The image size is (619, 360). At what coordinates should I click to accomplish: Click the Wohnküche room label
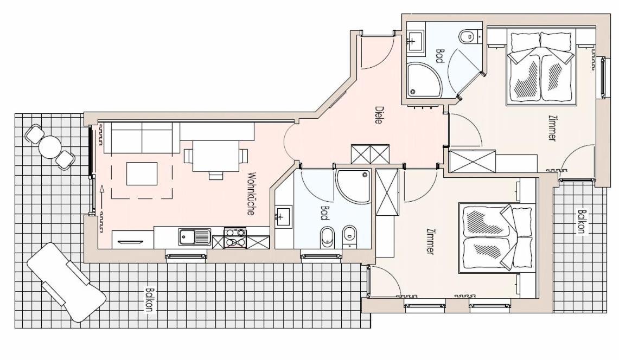pyautogui.click(x=251, y=194)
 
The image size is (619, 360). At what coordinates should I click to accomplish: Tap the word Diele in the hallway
pyautogui.click(x=379, y=115)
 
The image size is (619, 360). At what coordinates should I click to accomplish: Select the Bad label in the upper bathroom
pyautogui.click(x=440, y=56)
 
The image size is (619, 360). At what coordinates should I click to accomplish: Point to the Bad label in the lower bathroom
pyautogui.click(x=325, y=213)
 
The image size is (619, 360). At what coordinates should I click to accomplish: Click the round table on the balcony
pyautogui.click(x=50, y=147)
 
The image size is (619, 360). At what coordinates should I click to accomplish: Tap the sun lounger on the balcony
pyautogui.click(x=66, y=282)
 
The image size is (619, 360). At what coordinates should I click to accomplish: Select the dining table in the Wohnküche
pyautogui.click(x=216, y=156)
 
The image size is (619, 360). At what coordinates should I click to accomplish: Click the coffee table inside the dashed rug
pyautogui.click(x=142, y=173)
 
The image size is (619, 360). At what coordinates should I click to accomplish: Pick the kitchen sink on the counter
pyautogui.click(x=194, y=237)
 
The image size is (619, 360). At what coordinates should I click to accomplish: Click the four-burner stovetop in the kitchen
pyautogui.click(x=235, y=238)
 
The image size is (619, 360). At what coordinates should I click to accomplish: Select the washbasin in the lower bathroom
pyautogui.click(x=283, y=217)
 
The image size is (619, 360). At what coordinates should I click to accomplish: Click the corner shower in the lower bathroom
pyautogui.click(x=353, y=187)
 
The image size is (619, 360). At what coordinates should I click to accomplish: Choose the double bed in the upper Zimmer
pyautogui.click(x=540, y=68)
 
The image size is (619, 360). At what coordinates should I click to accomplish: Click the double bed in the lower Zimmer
pyautogui.click(x=496, y=238)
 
